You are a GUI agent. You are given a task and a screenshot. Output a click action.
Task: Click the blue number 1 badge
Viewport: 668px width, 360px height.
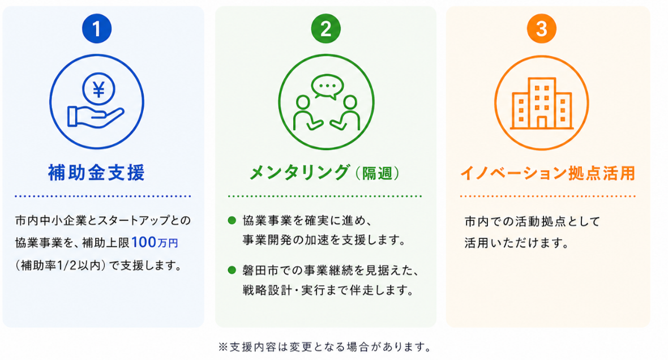(x=97, y=28)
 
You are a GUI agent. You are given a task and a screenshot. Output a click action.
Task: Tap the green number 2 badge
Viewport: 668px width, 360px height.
(x=326, y=28)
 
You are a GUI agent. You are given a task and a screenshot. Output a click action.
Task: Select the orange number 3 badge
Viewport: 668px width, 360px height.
(x=541, y=28)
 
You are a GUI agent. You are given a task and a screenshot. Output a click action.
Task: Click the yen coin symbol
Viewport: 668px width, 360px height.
(x=99, y=89)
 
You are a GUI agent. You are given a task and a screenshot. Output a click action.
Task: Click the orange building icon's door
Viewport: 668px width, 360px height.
(x=541, y=122)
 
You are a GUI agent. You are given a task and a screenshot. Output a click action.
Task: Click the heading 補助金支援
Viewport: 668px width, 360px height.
(x=97, y=173)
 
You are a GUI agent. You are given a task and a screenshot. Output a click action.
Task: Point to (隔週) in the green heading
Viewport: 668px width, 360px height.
(x=378, y=173)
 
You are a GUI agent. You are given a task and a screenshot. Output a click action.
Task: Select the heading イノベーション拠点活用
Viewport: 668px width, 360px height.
(x=548, y=173)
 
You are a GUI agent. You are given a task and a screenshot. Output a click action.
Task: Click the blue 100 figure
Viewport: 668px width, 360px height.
(x=144, y=242)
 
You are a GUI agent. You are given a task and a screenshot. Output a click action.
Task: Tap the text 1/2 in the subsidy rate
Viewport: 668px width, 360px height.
(x=66, y=265)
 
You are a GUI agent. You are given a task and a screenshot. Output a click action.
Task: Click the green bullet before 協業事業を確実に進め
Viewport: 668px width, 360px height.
(x=232, y=220)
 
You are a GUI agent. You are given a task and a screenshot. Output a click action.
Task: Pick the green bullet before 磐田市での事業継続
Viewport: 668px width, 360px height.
(x=232, y=269)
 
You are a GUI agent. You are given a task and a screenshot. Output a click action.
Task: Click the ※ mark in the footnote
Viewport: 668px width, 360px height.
(x=223, y=347)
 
